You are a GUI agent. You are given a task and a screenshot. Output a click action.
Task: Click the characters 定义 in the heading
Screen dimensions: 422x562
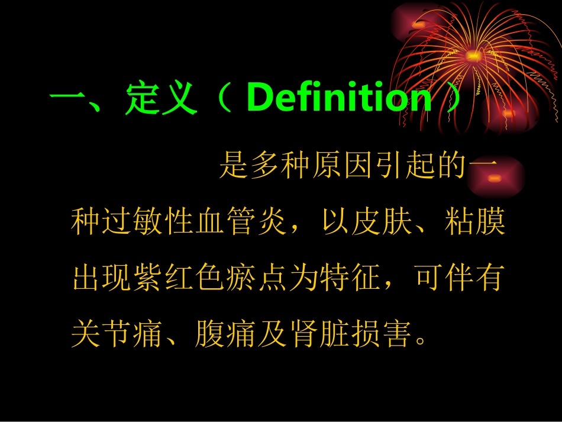click(x=160, y=99)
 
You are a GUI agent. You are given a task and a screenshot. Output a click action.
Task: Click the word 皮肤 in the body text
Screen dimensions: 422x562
click(x=380, y=223)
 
